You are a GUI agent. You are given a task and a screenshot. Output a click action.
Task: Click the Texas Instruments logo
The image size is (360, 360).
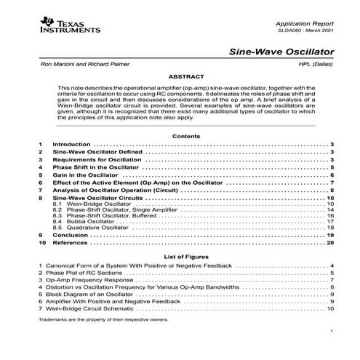(67, 28)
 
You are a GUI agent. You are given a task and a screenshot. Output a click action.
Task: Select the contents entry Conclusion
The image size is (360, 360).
(71, 236)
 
